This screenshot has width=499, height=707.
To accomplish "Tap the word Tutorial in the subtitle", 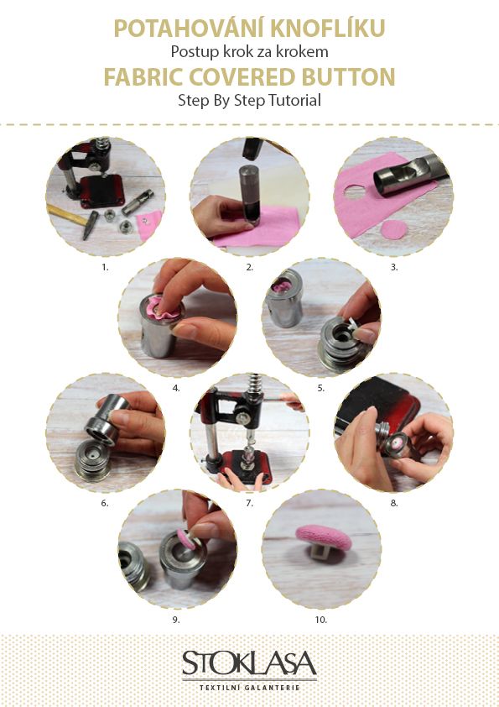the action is [x=294, y=100].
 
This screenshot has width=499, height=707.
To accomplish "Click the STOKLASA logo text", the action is [x=249, y=662].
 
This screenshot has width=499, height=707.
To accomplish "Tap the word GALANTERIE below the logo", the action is [x=272, y=688].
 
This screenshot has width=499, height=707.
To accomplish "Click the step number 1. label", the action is [x=105, y=267].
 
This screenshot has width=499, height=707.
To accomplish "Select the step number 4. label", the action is [x=176, y=388].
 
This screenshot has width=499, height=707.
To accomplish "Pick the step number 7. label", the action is [x=250, y=503].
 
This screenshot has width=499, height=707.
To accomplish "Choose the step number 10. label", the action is [x=320, y=620].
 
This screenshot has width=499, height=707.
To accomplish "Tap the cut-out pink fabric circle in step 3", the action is [x=393, y=229].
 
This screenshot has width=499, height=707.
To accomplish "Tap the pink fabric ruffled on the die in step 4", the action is [x=161, y=308].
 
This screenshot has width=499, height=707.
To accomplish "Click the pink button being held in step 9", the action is [x=186, y=539].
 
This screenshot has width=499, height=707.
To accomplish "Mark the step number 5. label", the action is [x=320, y=388].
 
